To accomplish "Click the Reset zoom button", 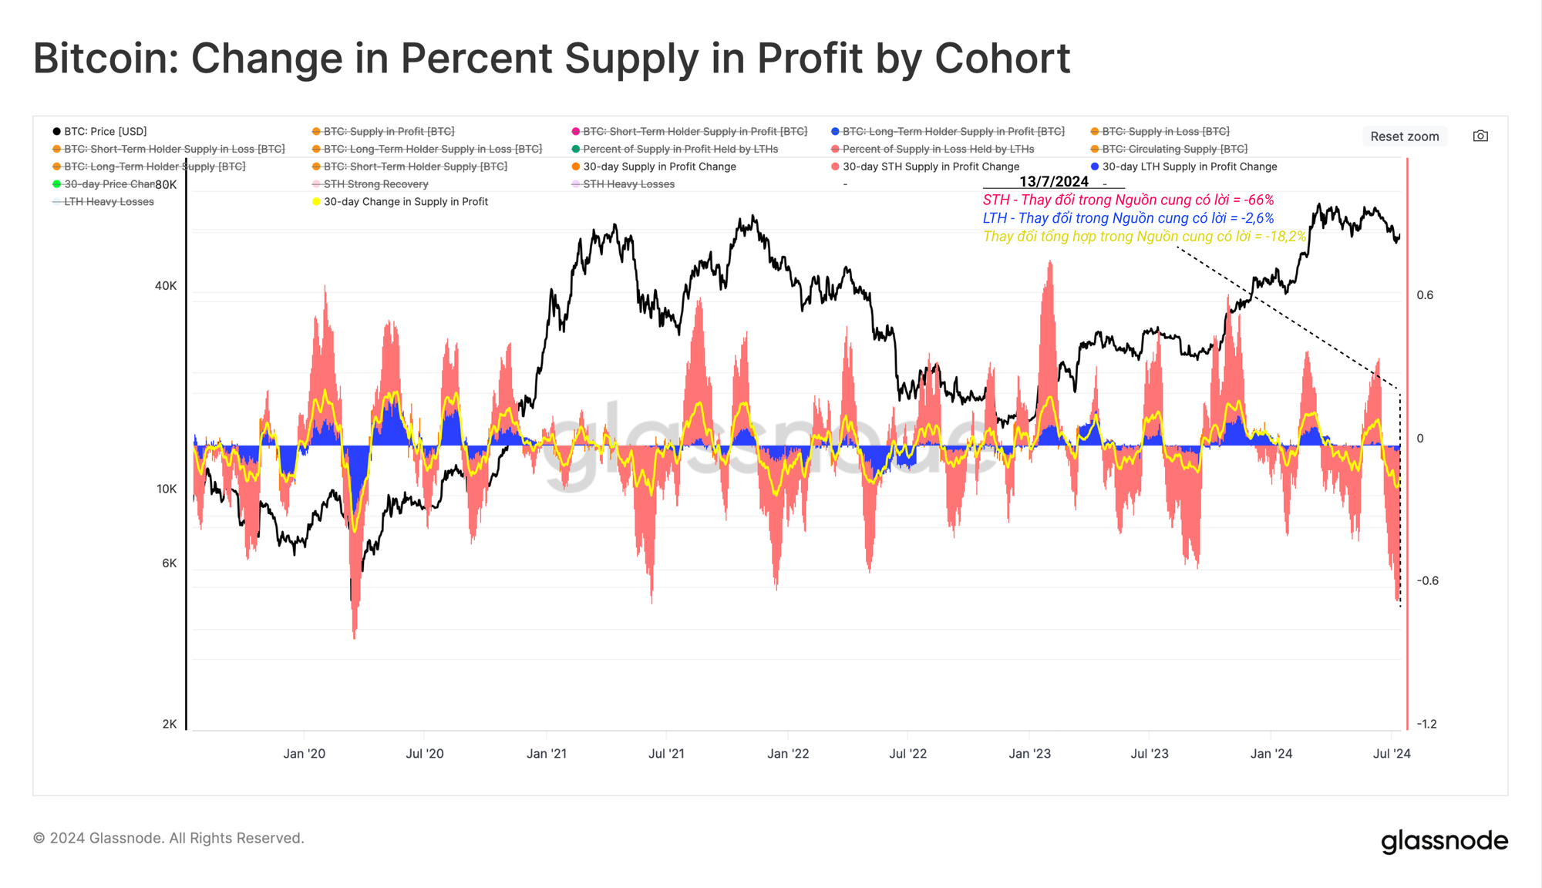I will point(1404,136).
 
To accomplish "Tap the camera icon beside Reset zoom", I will point(1480,136).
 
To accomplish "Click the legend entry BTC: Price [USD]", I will point(105,132).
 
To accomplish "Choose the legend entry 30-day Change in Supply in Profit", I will point(405,202).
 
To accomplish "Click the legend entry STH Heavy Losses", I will point(628,184).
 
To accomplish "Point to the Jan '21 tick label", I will point(547,754).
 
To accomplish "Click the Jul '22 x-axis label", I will point(907,754).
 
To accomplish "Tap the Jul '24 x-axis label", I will point(1392,754).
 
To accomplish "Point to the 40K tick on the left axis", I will point(166,286).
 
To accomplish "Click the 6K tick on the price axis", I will point(170,563).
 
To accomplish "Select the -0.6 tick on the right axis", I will point(1428,581).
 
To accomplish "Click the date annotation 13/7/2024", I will point(1053,182).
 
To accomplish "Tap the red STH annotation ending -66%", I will point(1128,200).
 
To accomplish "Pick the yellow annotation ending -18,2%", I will point(1144,237).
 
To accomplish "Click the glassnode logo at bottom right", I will point(1444,841).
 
